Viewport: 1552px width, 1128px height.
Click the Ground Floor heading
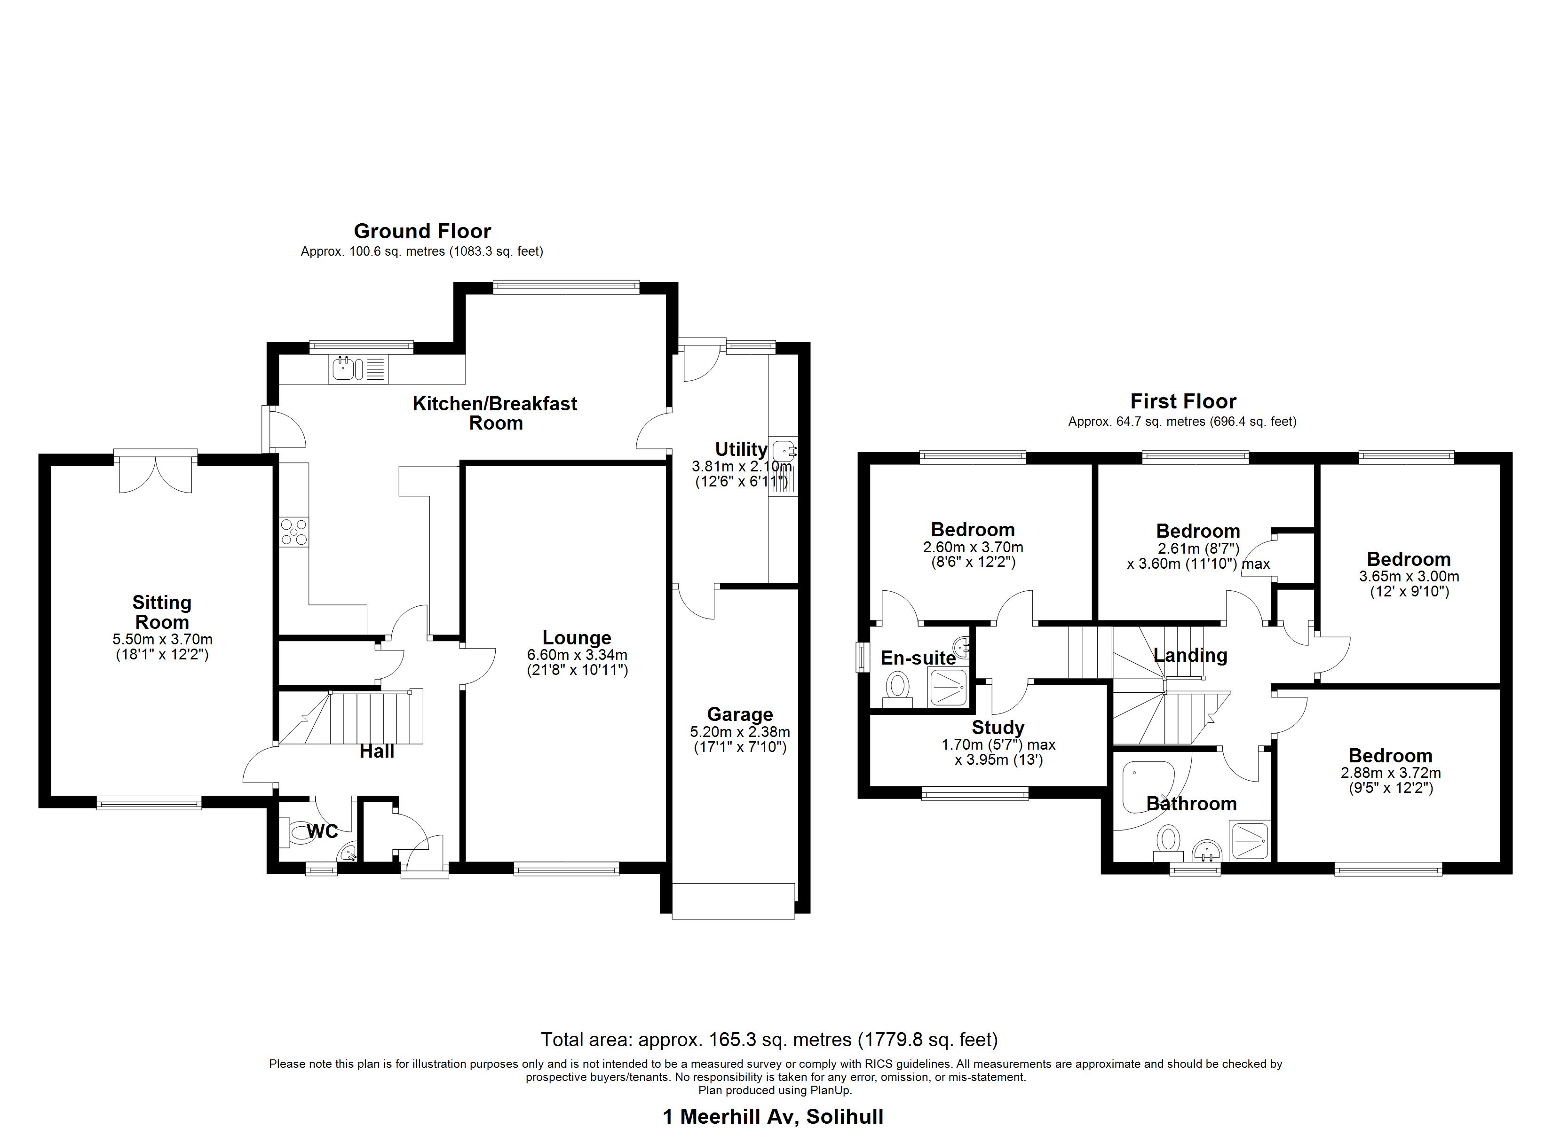click(422, 231)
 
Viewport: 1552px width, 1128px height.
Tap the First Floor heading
click(1183, 401)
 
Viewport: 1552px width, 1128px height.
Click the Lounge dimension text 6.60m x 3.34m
click(577, 655)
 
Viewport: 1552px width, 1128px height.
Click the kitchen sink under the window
click(343, 369)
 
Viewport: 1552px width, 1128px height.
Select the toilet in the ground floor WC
click(298, 833)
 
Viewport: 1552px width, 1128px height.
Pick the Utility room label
click(741, 449)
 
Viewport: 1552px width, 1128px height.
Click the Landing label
click(1190, 655)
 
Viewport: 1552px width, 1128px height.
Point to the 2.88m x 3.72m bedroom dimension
click(1391, 773)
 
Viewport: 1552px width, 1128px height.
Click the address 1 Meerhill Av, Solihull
click(773, 1117)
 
